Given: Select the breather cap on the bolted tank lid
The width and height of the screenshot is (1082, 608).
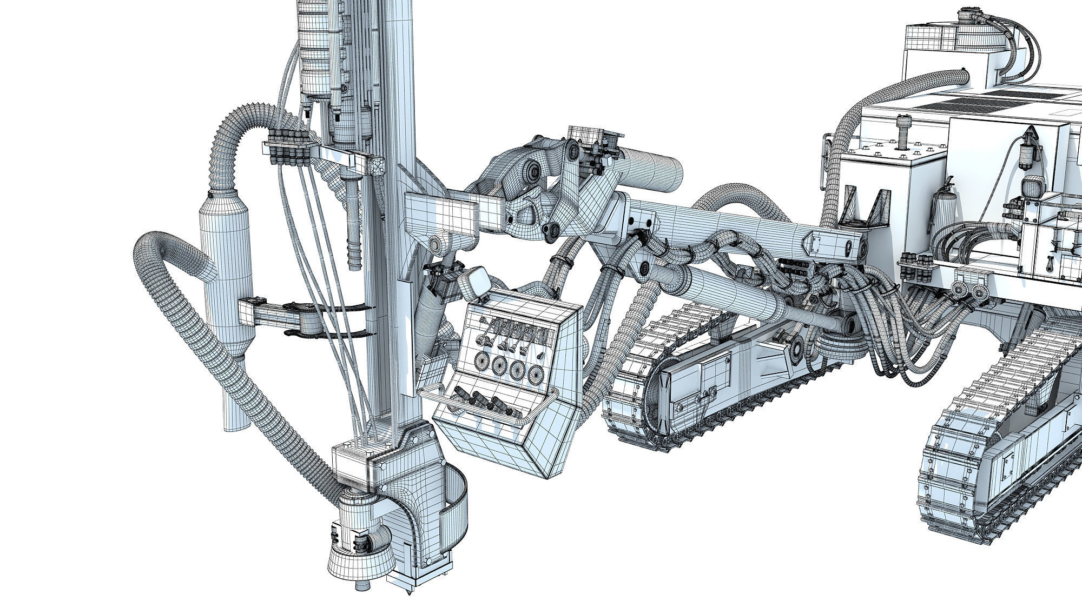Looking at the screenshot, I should pyautogui.click(x=901, y=133).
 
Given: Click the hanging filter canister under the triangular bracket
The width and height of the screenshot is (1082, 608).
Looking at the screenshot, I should pyautogui.click(x=1026, y=155).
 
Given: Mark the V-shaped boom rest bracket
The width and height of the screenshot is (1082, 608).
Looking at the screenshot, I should pyautogui.click(x=865, y=208).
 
